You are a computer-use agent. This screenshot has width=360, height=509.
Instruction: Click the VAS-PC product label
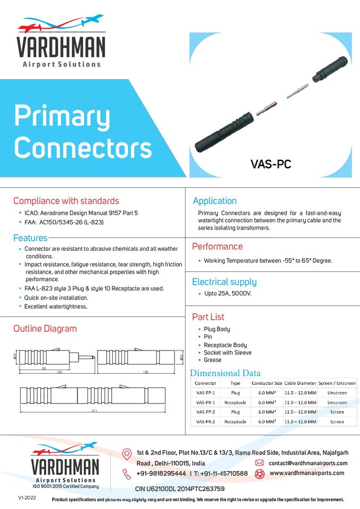point(271,164)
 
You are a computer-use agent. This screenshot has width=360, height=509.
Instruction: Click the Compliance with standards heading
point(66,201)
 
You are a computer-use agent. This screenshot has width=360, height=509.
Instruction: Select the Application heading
point(214,201)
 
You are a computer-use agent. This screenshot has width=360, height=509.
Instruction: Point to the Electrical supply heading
point(224,282)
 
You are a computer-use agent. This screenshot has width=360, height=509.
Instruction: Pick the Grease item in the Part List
point(213,360)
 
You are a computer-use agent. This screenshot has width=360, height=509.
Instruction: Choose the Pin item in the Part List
point(208,337)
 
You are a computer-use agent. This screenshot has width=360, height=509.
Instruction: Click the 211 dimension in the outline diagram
point(94,411)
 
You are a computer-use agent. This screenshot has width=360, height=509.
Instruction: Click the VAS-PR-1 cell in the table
point(206,402)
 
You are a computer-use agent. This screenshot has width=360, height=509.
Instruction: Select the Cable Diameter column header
point(300,383)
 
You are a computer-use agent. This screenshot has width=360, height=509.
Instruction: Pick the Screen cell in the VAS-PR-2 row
point(337,422)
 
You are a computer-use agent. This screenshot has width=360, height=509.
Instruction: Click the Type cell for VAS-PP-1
point(235,393)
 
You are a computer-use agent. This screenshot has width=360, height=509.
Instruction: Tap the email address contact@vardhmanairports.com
point(308,463)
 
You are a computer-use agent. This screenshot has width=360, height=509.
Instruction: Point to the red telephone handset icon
point(127,473)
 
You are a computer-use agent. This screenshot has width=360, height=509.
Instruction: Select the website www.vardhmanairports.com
point(307,473)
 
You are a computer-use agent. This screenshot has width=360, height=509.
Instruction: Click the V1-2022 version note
point(27,498)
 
